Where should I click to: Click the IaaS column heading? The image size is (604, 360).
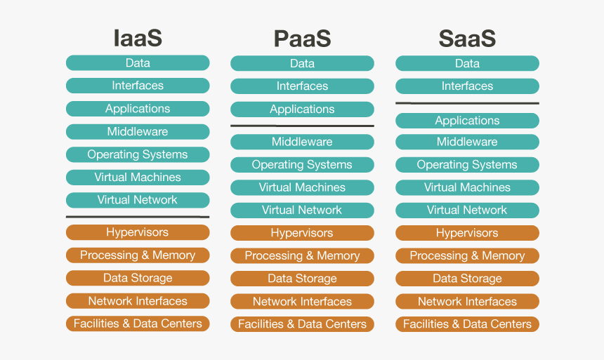click(x=138, y=37)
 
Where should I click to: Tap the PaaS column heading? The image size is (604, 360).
click(x=302, y=38)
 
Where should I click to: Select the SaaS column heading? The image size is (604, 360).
click(x=467, y=38)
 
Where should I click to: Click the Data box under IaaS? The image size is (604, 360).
click(x=138, y=63)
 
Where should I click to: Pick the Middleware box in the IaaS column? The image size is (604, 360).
click(x=138, y=132)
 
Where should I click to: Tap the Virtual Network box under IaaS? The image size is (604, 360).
click(x=138, y=200)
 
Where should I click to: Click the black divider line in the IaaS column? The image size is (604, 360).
click(x=138, y=217)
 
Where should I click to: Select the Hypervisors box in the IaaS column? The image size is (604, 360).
click(x=138, y=232)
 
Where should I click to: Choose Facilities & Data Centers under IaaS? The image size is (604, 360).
click(x=138, y=324)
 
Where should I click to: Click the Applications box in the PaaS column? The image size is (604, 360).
click(x=302, y=109)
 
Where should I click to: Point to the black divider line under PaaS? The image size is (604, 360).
click(x=302, y=126)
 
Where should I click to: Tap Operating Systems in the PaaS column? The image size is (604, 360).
click(x=302, y=165)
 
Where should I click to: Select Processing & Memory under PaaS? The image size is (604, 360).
click(x=302, y=256)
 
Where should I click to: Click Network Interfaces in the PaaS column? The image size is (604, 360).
click(x=302, y=302)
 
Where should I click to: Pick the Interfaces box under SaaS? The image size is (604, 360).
click(x=467, y=86)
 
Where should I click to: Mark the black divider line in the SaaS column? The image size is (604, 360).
click(x=467, y=103)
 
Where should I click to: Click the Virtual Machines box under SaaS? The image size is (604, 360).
click(x=467, y=187)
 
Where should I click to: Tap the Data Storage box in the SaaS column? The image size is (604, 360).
click(x=467, y=279)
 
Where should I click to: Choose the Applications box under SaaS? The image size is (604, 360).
click(x=467, y=121)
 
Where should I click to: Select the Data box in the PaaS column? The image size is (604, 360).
click(x=302, y=63)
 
